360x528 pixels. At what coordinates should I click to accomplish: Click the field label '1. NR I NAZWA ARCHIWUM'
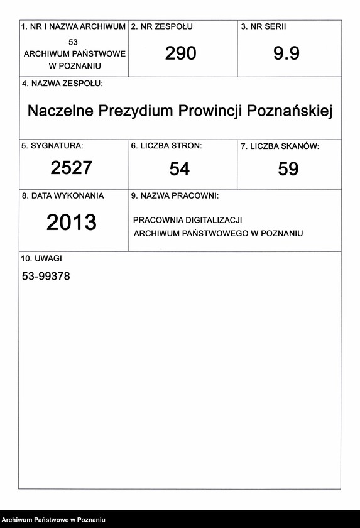(x=74, y=27)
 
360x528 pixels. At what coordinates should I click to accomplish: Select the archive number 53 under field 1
(x=74, y=41)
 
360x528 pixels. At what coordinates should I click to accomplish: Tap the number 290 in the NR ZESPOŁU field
(x=181, y=54)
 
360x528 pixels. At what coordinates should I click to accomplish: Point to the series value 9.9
(x=286, y=54)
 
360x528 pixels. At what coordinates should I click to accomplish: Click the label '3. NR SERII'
(x=263, y=27)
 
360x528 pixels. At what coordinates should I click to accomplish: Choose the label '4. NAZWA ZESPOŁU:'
(x=62, y=84)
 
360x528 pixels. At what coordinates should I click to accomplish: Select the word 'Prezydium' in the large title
(x=145, y=111)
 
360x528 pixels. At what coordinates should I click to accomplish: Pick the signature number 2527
(x=72, y=168)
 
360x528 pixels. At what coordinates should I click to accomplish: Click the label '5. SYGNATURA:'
(x=52, y=146)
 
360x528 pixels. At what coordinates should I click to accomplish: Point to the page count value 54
(x=180, y=169)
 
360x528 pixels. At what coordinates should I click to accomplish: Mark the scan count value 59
(x=288, y=169)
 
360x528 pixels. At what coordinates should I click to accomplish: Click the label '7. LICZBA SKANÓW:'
(x=280, y=146)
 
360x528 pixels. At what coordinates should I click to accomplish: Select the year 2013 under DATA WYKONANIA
(x=72, y=223)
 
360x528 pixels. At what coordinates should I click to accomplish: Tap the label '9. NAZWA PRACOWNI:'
(x=175, y=196)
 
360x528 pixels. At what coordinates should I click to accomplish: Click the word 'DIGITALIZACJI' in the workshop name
(x=214, y=220)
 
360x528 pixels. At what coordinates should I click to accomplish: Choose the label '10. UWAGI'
(x=42, y=258)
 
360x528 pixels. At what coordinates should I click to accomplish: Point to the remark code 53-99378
(x=46, y=276)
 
